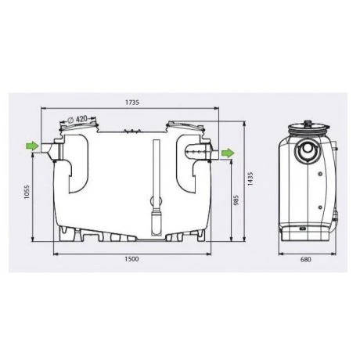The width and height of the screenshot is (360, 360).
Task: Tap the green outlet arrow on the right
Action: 226,152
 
